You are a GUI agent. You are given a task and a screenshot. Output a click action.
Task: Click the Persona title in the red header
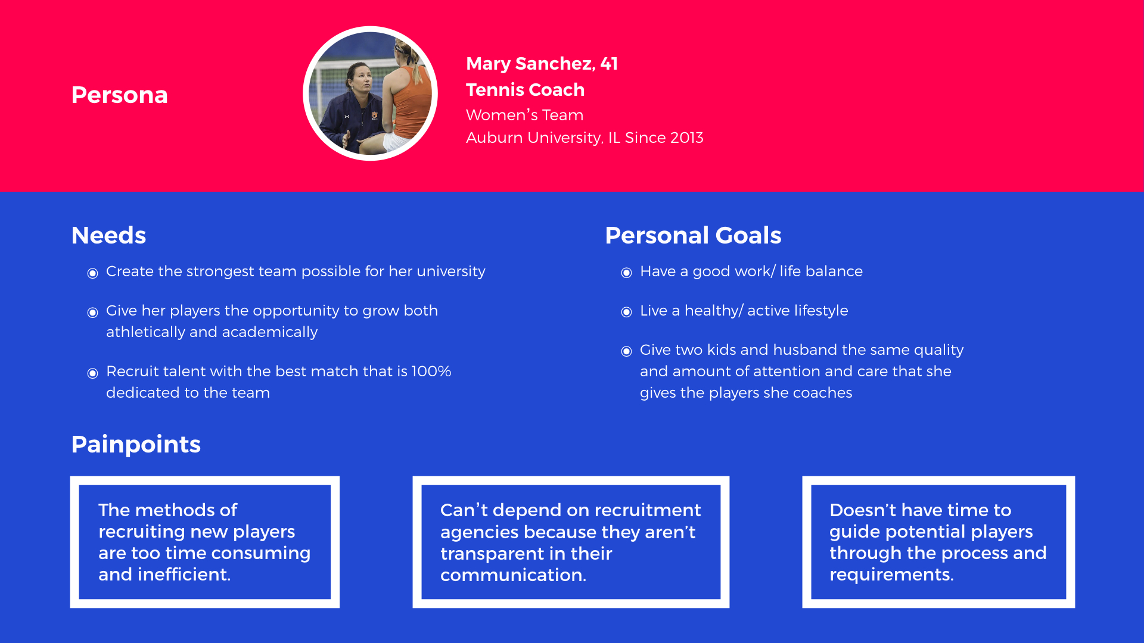pyautogui.click(x=119, y=95)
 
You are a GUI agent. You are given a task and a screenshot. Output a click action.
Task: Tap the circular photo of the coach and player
pyautogui.click(x=370, y=93)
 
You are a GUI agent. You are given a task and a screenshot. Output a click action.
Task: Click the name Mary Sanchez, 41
pyautogui.click(x=542, y=64)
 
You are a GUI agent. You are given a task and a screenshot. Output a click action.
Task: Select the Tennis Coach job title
pyautogui.click(x=525, y=90)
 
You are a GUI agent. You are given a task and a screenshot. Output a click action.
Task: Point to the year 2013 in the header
pyautogui.click(x=686, y=138)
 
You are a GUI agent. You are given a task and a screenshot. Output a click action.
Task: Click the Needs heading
pyautogui.click(x=108, y=236)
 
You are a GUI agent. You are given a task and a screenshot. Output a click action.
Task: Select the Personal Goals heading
pyautogui.click(x=693, y=236)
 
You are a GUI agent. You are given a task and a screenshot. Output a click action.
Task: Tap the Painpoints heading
pyautogui.click(x=136, y=445)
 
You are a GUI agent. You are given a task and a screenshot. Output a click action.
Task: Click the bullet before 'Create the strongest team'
pyautogui.click(x=92, y=273)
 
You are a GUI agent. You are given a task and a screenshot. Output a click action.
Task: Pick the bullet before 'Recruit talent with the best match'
pyautogui.click(x=92, y=373)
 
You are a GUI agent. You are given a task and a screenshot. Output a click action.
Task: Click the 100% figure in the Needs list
pyautogui.click(x=431, y=372)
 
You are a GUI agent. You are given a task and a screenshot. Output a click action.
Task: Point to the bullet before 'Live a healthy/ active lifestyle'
pyautogui.click(x=626, y=313)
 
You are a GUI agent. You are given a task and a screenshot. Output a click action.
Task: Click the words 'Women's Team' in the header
pyautogui.click(x=524, y=115)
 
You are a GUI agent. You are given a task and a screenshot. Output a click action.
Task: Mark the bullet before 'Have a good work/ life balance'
pyautogui.click(x=626, y=273)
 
